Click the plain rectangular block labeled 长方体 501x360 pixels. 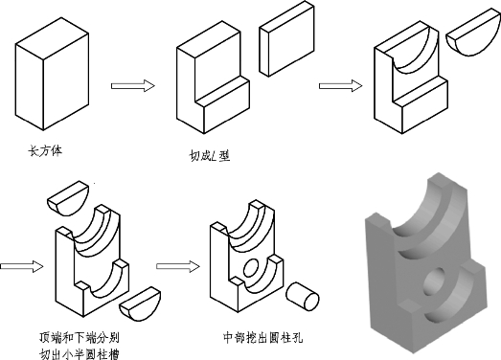(52, 74)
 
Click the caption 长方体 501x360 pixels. (45, 150)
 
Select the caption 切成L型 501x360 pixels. (210, 155)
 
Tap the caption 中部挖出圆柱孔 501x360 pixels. (262, 338)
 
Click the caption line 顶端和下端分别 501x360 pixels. (80, 337)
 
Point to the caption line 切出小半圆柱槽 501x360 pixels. (80, 354)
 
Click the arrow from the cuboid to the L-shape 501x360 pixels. (133, 85)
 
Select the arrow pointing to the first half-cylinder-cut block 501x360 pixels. (341, 85)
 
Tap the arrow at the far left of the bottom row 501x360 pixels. (22, 266)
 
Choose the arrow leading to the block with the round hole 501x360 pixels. (177, 266)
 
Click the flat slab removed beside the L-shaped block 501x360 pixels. (286, 39)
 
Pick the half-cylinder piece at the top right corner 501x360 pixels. (473, 33)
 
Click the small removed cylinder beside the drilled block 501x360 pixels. (303, 296)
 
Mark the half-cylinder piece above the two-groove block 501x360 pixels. (67, 199)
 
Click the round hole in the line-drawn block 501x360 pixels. (251, 268)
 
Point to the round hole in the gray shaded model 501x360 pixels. (435, 281)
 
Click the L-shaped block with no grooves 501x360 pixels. (213, 78)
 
